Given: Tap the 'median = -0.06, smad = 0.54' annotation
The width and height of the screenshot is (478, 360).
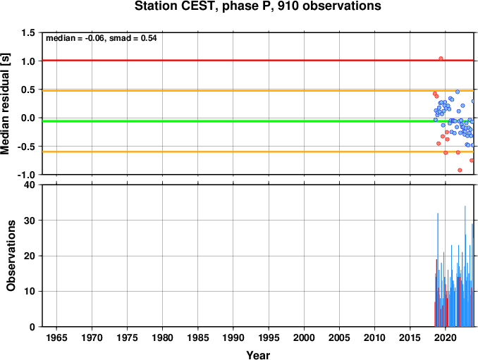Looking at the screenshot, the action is [102, 38].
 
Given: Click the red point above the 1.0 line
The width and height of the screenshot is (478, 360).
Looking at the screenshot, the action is [441, 58].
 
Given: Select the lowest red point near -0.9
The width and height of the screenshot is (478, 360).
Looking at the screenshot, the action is [460, 170].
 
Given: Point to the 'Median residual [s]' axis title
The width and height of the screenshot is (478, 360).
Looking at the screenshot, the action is [5, 104].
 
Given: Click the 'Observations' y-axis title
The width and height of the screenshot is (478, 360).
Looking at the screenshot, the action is [11, 256].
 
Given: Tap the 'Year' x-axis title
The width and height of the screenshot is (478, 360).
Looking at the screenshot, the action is [258, 355].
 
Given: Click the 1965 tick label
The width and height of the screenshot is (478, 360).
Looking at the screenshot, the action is [56, 337].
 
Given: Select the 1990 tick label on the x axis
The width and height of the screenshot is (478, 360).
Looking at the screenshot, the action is [233, 337].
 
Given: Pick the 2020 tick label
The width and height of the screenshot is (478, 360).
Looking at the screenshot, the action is [446, 337].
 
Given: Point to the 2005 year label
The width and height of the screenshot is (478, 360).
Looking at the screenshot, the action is [339, 337].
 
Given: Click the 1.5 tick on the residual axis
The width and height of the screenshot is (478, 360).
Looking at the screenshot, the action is [27, 32].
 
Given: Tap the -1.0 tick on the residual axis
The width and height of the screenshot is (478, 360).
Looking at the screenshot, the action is [26, 175].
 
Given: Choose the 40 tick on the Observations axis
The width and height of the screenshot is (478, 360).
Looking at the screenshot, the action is [30, 185].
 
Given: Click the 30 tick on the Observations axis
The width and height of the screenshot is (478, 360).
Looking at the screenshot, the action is [30, 221].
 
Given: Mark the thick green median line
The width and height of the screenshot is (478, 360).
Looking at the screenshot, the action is [258, 121].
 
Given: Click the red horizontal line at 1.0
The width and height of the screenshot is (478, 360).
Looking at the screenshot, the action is [258, 61].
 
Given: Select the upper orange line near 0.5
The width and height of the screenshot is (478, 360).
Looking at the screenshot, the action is [258, 91].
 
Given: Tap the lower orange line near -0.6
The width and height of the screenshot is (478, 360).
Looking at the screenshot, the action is [258, 151].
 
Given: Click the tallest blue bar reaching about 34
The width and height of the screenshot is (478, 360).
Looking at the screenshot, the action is [465, 266].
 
